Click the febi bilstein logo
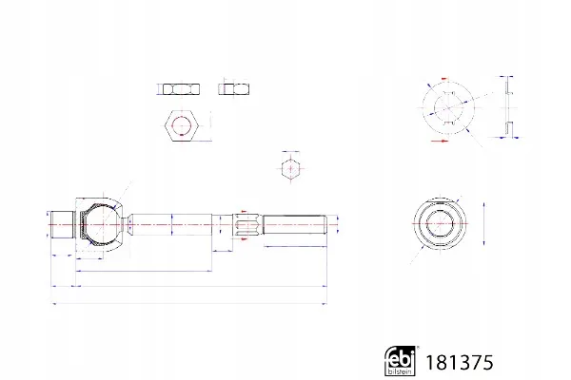pos(400,361)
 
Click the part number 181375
pos(460,363)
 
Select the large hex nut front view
pos(182,124)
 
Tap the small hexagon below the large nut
pos(290,168)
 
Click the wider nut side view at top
pos(181,89)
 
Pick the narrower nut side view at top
pos(234,89)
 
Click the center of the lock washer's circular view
pos(448,107)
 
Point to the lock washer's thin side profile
pos(508,107)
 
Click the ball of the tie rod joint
pos(102,224)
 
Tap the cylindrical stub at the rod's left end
pos(62,225)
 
